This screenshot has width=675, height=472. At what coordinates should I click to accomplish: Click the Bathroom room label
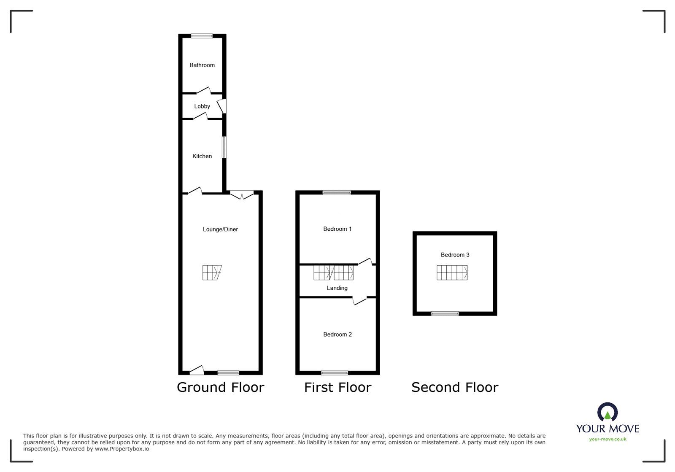[x=202, y=65]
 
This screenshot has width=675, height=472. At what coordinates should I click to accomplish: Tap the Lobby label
[x=202, y=106]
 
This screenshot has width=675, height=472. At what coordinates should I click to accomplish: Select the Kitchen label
[x=202, y=156]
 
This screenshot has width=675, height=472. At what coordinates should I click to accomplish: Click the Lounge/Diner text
[x=220, y=229]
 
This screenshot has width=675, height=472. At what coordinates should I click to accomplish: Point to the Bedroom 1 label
[x=337, y=229]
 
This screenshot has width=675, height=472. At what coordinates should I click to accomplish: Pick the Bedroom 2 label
[x=337, y=334]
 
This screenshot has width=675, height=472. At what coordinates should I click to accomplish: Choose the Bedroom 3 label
[x=455, y=255]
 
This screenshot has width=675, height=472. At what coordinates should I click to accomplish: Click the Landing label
[x=337, y=288]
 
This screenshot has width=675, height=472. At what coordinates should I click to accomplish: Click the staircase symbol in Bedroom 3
[x=452, y=272]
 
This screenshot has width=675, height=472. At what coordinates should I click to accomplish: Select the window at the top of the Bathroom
[x=202, y=36]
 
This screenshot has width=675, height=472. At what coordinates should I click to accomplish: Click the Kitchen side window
[x=224, y=147]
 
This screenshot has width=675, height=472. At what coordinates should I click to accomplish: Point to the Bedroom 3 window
[x=445, y=313]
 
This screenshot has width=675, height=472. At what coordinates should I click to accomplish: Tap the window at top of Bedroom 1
[x=337, y=193]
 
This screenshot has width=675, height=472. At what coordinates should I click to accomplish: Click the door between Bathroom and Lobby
[x=203, y=90]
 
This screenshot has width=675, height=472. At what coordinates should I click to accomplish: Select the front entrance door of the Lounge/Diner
[x=197, y=371]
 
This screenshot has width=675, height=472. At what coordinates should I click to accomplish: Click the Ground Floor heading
[x=220, y=387]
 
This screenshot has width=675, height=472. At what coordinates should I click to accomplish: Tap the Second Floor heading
[x=455, y=387]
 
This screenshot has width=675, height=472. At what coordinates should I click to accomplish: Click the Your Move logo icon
[x=607, y=412]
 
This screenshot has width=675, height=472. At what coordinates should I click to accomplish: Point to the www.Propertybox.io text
[x=121, y=449]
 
